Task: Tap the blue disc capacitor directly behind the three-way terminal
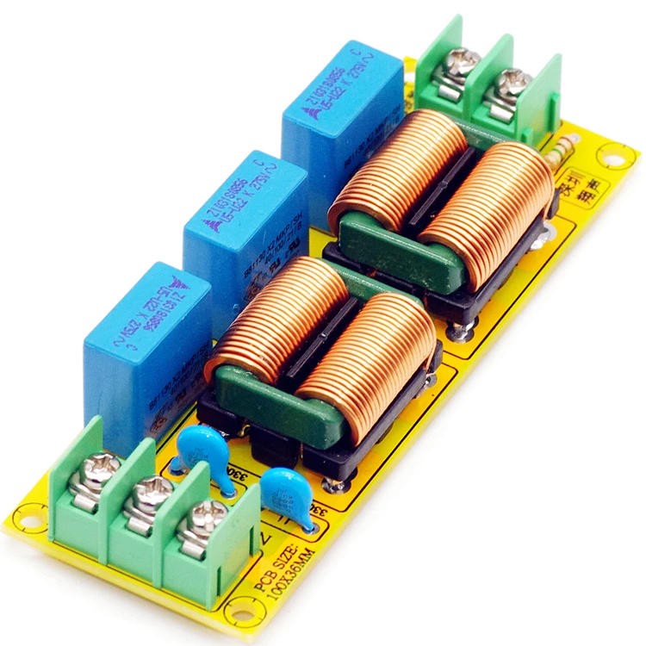[x=202, y=448]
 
